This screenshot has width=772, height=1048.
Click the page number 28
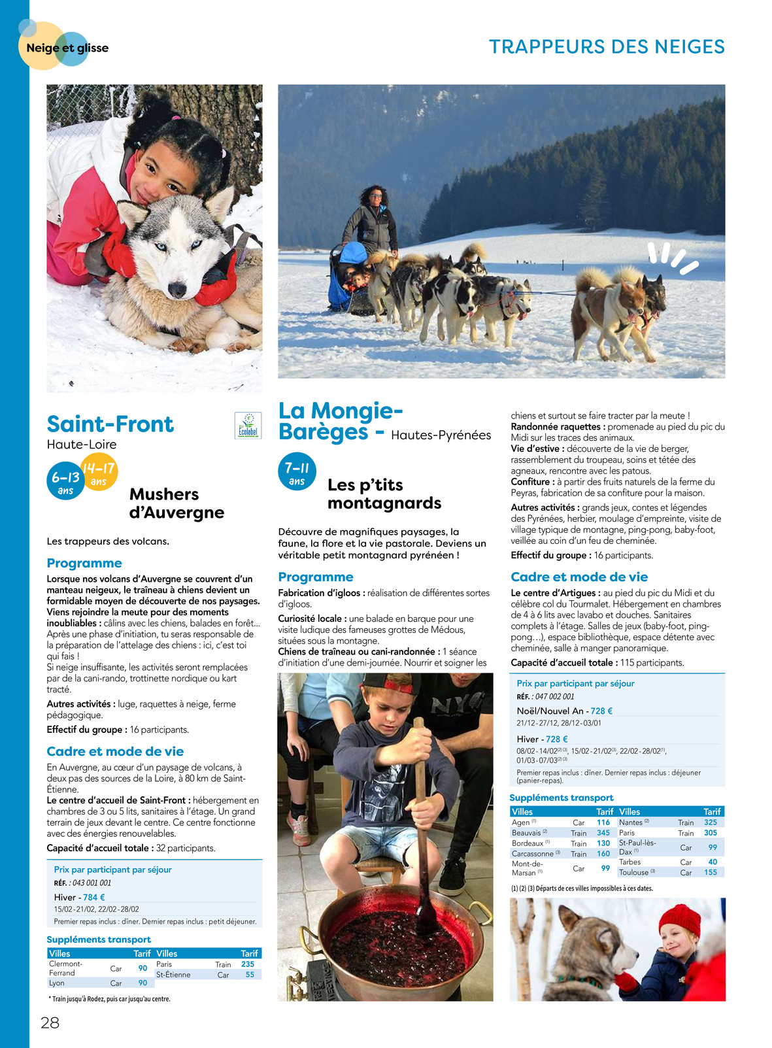click(x=50, y=1023)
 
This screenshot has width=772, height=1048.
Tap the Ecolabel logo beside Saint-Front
click(x=248, y=426)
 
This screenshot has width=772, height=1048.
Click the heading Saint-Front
click(x=110, y=424)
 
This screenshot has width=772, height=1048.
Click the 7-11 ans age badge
click(x=297, y=473)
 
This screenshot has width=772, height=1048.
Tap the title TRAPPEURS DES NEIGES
click(x=607, y=47)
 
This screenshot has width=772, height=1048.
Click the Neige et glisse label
click(x=67, y=48)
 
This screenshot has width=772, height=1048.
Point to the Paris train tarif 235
click(x=248, y=964)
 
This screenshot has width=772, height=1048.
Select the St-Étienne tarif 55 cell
click(x=250, y=974)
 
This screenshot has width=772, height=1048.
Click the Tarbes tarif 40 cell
click(x=713, y=862)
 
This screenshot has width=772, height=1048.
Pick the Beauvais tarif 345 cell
click(x=603, y=833)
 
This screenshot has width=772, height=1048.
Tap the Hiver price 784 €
click(x=94, y=897)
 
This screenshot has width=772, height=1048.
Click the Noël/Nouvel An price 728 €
click(x=601, y=711)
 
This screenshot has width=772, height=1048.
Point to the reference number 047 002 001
click(x=554, y=696)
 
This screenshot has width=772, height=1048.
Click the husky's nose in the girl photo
click(x=178, y=288)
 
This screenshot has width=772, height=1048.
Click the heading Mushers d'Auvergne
click(x=176, y=503)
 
